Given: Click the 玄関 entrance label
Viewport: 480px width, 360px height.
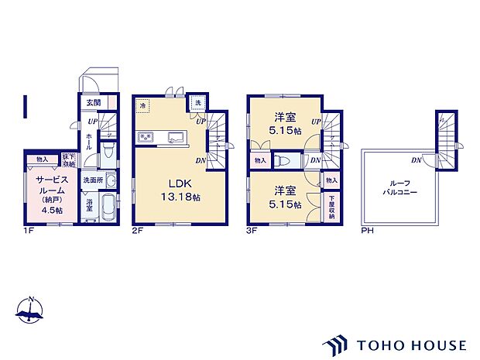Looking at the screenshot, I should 92,101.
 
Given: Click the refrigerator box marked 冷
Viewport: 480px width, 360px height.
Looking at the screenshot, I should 143,105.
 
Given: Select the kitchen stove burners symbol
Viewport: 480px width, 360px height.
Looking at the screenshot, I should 146,138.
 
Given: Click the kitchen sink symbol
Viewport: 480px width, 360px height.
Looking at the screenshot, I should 174,138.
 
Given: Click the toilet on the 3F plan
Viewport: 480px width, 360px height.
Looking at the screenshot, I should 284,160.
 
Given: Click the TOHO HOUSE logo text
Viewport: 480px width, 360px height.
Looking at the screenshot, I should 410,345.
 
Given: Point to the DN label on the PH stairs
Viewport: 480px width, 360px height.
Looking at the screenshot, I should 417,160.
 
